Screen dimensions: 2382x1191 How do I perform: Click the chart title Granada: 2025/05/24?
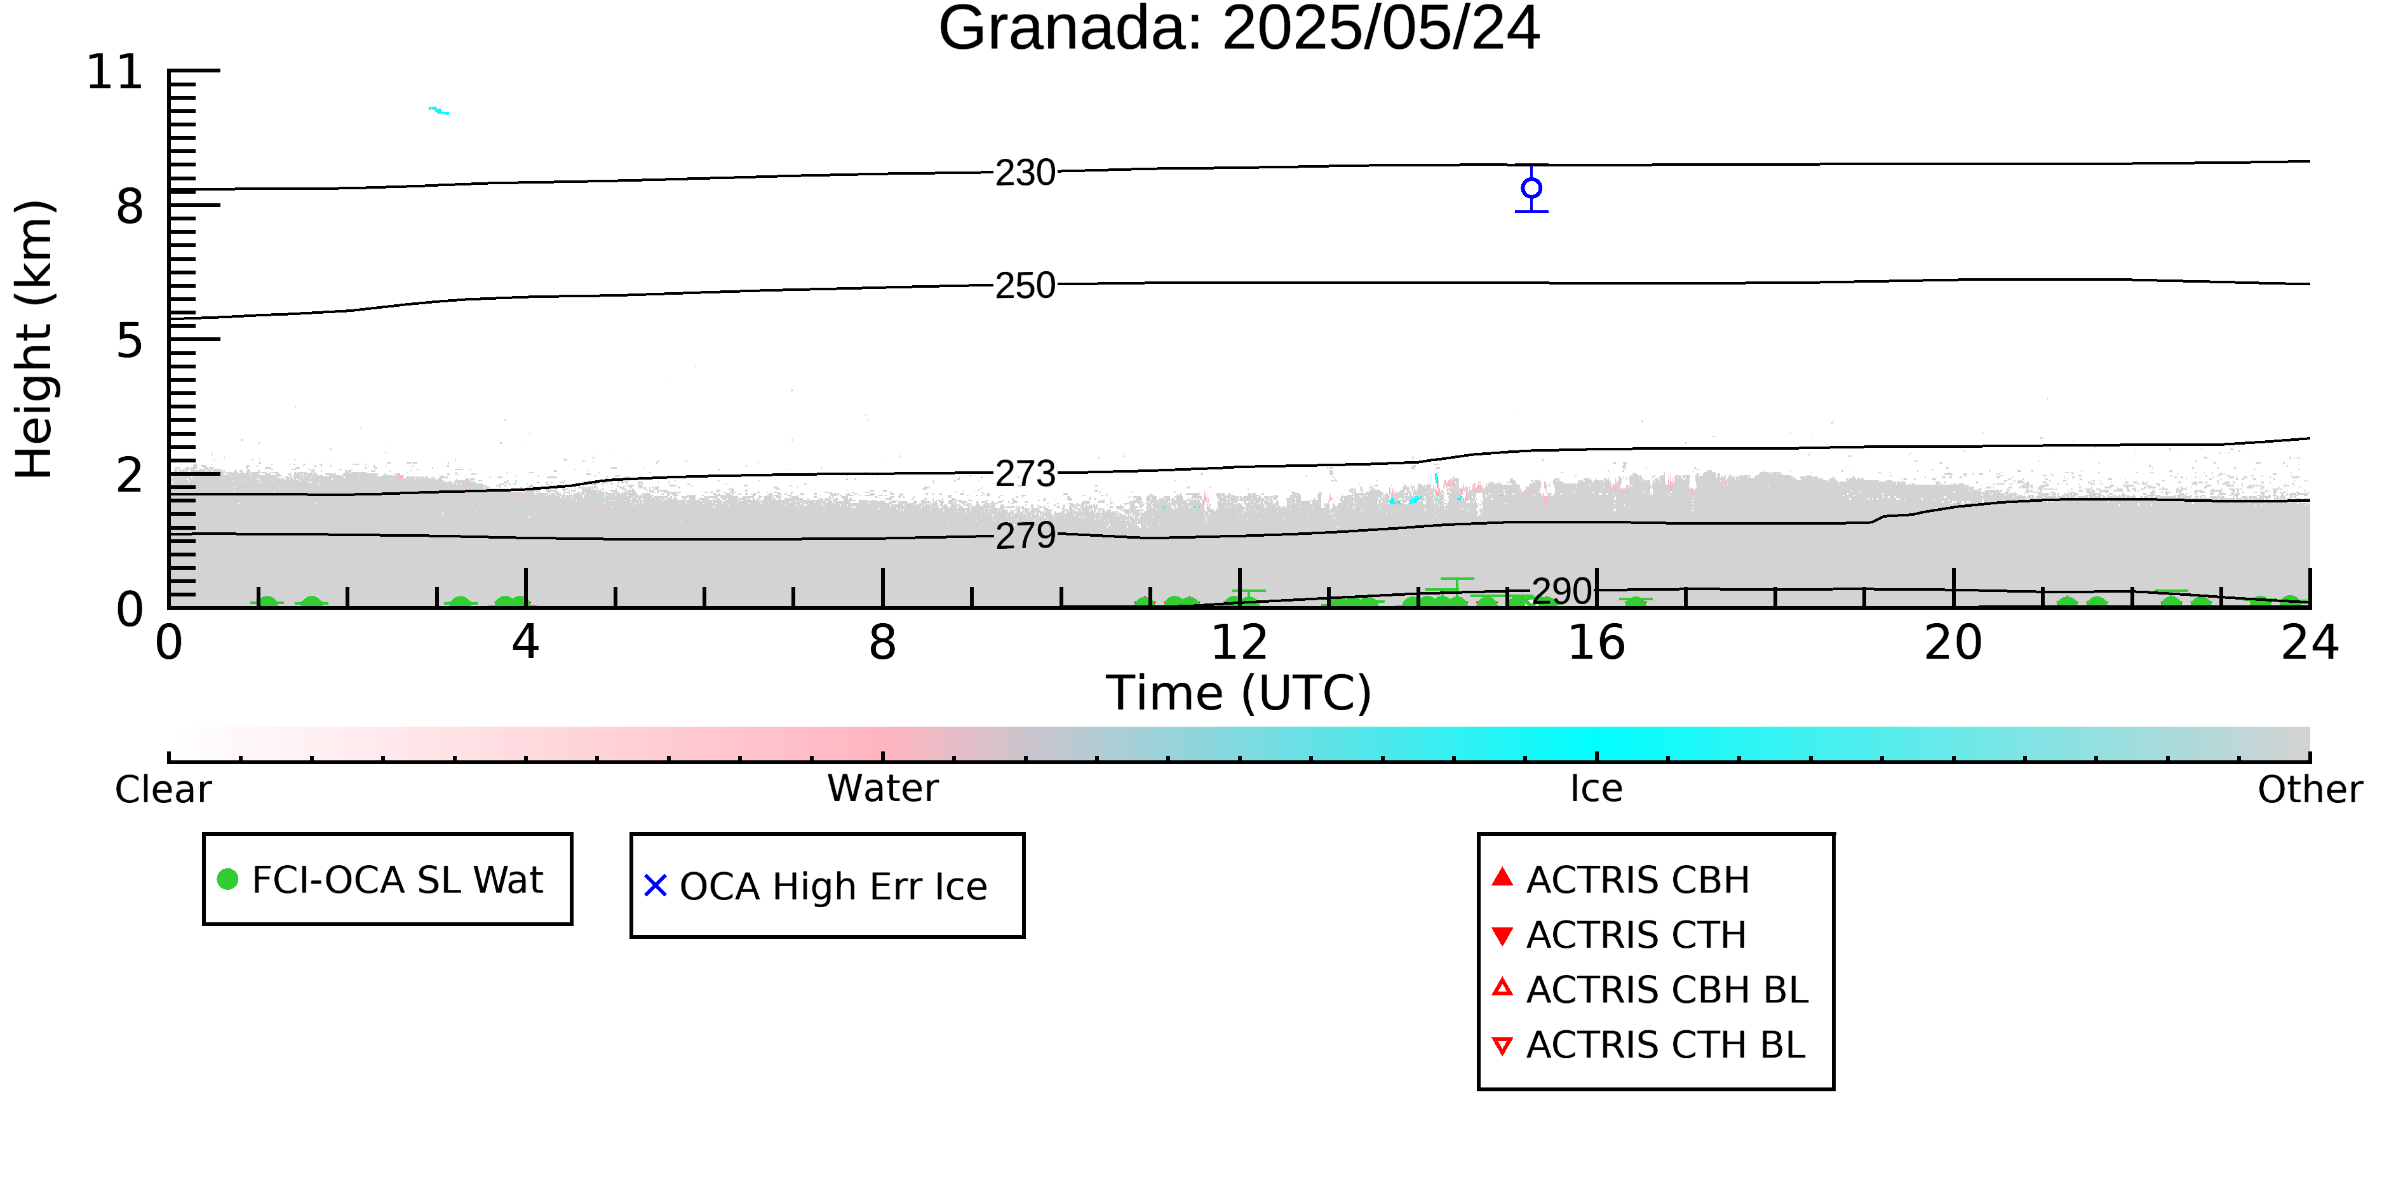(x=1239, y=29)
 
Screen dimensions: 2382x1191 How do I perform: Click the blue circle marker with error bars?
(x=1531, y=189)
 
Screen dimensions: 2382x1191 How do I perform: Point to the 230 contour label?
(x=1025, y=173)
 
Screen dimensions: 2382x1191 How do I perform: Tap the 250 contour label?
(x=1025, y=286)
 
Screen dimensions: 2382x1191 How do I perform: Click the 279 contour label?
(x=1025, y=536)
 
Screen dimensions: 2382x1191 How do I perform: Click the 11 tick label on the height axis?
(x=115, y=72)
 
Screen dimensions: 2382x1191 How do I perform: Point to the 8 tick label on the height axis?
(x=130, y=206)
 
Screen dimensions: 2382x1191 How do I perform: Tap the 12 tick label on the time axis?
(x=1239, y=643)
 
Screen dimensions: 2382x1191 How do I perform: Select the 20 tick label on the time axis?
(x=1953, y=643)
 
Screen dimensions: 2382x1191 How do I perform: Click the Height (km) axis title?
(x=35, y=339)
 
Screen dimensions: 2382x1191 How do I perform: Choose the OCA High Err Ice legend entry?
(x=816, y=886)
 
